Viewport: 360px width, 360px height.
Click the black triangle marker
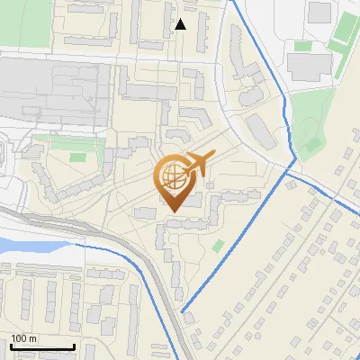coord(180,24)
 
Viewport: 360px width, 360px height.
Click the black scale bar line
coord(41,346)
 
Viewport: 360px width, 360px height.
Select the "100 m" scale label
coord(23,338)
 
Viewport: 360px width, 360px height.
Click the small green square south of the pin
coord(218,245)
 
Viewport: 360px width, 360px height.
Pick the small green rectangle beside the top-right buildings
coord(302,45)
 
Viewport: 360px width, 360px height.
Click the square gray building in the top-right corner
coord(319,12)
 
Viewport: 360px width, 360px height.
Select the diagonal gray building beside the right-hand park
coord(262,133)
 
